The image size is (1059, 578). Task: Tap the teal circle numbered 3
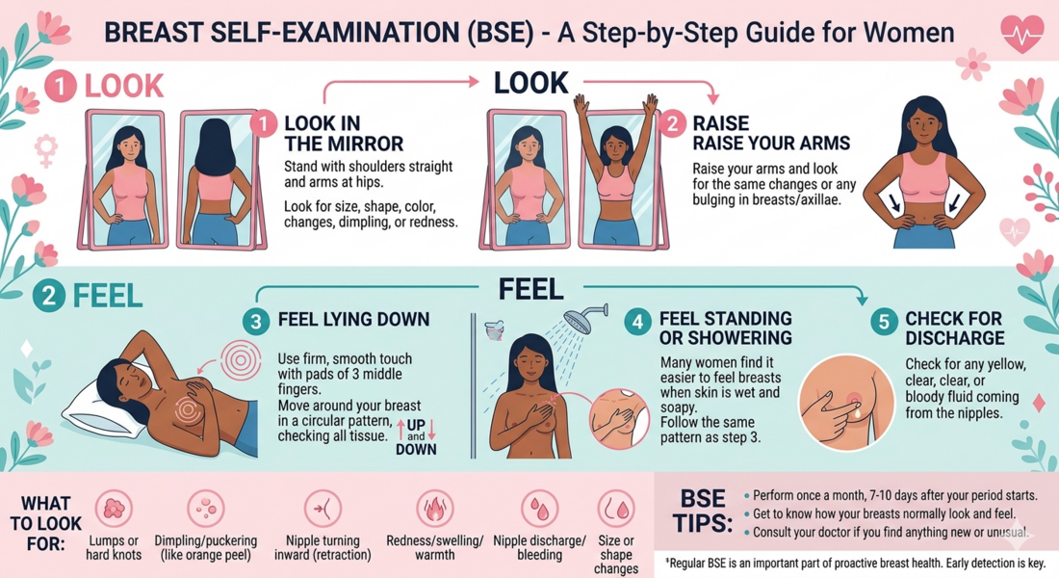click(255, 322)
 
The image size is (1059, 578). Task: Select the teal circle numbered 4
click(637, 322)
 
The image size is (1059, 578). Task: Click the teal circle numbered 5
click(884, 322)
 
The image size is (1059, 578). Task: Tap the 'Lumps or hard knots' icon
click(114, 509)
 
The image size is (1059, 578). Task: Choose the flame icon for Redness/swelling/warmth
click(434, 509)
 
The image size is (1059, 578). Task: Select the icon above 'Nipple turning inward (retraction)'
click(323, 509)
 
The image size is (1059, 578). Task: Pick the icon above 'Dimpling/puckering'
click(205, 509)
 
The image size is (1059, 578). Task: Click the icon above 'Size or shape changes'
click(616, 509)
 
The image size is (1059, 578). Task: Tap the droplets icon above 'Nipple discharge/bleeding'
click(540, 509)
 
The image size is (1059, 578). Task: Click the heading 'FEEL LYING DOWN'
click(354, 320)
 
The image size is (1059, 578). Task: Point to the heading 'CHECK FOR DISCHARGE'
click(955, 328)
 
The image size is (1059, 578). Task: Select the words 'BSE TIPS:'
click(703, 511)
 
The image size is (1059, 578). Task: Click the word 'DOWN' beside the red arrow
click(416, 450)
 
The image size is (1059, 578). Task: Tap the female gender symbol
click(46, 150)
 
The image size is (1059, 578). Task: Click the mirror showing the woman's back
click(220, 180)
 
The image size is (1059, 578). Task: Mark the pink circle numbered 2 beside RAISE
click(672, 124)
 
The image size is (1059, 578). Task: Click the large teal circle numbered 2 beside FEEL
click(49, 296)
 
